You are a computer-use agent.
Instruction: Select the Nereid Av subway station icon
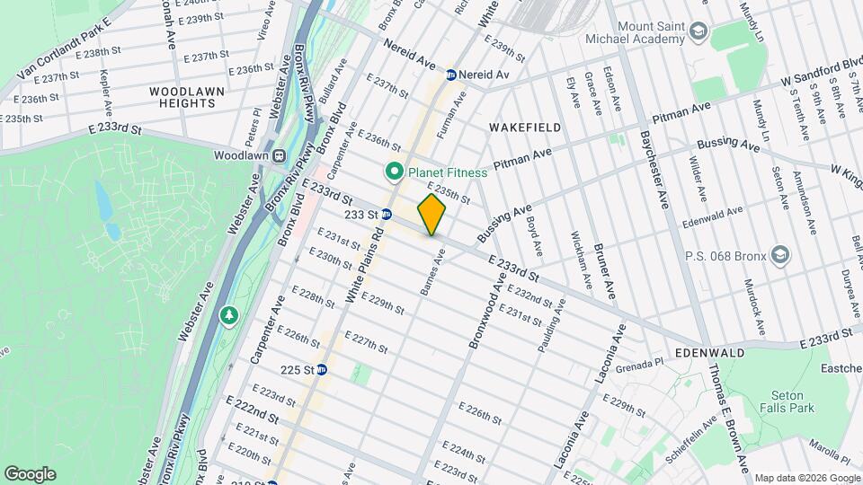pos(450,75)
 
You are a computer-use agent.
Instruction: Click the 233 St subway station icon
pos(386,214)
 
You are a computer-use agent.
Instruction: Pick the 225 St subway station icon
pos(321,369)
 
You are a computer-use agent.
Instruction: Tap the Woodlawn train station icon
pos(280,154)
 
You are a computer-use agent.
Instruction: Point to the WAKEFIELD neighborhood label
pos(525,128)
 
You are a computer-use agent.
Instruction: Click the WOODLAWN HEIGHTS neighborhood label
pos(182,97)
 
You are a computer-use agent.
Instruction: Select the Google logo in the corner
pos(30,473)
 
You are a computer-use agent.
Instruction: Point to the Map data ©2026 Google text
pos(805,477)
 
